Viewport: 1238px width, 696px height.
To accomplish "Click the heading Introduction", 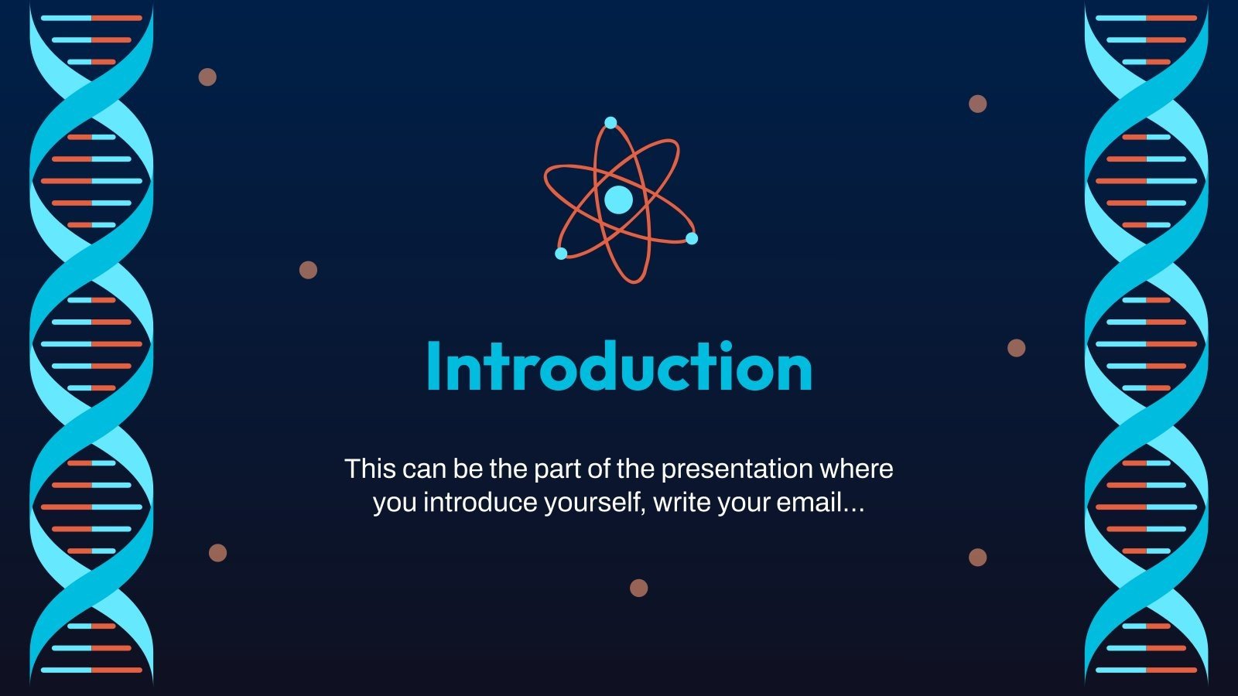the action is click(x=620, y=367).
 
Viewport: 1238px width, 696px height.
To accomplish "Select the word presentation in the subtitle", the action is click(x=737, y=469).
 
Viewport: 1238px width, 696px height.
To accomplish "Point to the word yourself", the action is click(x=595, y=503).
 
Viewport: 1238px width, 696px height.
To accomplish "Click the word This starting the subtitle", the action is click(x=371, y=469).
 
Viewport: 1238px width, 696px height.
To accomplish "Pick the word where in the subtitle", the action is click(x=856, y=469).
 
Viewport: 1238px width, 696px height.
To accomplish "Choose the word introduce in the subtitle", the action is click(x=480, y=502).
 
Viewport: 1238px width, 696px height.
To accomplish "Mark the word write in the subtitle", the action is click(x=682, y=502).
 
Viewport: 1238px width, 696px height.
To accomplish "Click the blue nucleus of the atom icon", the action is click(x=618, y=200).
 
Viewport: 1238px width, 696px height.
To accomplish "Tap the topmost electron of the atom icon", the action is click(x=610, y=123).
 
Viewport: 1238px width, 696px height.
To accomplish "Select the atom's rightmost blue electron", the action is click(x=692, y=239).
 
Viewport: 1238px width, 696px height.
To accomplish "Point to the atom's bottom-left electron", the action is click(x=561, y=254).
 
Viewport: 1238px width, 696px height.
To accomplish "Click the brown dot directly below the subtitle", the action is click(x=639, y=589).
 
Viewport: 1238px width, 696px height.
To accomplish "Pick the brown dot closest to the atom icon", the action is click(x=309, y=270).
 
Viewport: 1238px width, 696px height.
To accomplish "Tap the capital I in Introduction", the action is click(x=434, y=367).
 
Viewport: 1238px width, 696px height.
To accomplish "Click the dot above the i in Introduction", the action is click(x=727, y=346).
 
